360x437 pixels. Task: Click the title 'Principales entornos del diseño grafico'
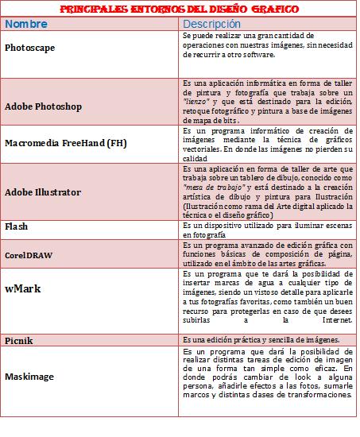(x=180, y=10)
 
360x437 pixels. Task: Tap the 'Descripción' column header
(x=217, y=24)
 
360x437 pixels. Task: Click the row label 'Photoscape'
(x=31, y=48)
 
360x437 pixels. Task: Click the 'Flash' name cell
(x=17, y=226)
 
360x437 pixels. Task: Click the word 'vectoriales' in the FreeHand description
(x=204, y=149)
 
